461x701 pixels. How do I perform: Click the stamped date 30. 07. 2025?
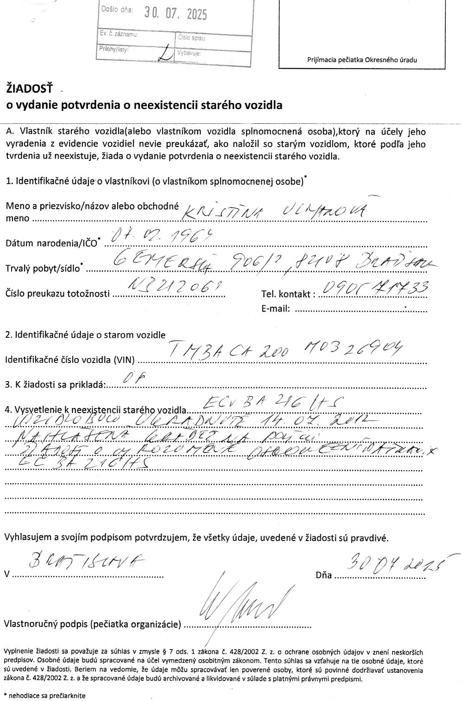[x=175, y=14]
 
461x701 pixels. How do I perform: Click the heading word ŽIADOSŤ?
[x=29, y=88]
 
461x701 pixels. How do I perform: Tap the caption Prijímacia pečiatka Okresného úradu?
[x=362, y=60]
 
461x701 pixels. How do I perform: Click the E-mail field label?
[x=276, y=308]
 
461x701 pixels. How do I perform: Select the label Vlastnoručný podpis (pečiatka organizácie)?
[x=93, y=624]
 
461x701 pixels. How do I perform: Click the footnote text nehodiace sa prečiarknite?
[x=46, y=695]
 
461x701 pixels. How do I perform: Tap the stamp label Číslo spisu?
[x=192, y=38]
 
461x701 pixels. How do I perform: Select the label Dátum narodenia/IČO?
[x=51, y=242]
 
